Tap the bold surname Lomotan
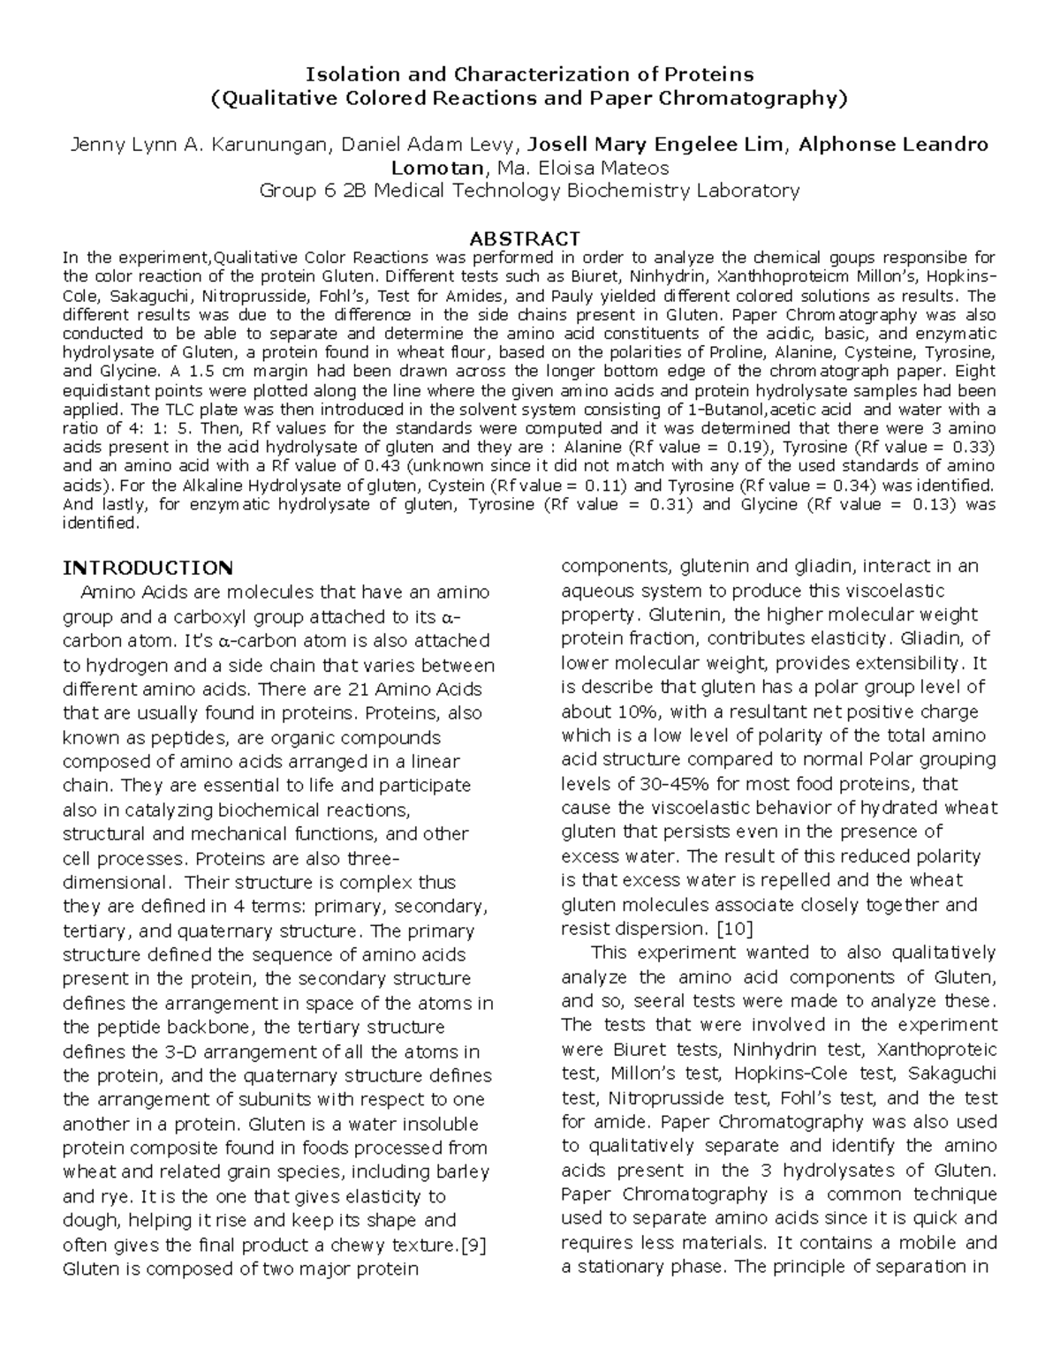tap(438, 168)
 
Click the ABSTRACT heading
tap(525, 238)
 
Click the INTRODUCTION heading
tap(148, 567)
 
